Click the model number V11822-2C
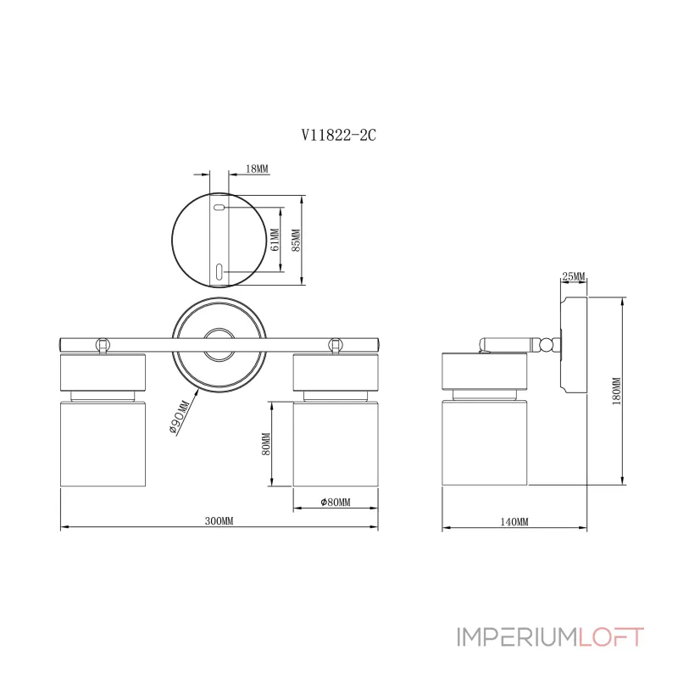tap(338, 135)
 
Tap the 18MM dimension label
tap(257, 169)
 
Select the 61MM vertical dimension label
tap(275, 242)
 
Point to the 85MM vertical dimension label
tap(296, 242)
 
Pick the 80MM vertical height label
tap(265, 444)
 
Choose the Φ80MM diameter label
tap(336, 503)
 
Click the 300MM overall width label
tap(220, 520)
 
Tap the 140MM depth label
tap(514, 521)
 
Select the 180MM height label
tap(616, 392)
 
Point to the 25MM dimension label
tap(574, 277)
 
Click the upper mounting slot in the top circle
tap(219, 208)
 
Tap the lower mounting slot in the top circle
tap(219, 271)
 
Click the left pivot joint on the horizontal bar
tap(103, 344)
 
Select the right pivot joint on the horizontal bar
tap(336, 344)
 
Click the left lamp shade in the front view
tap(103, 444)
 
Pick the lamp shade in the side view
tap(485, 444)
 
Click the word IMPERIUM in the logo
tap(518, 637)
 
